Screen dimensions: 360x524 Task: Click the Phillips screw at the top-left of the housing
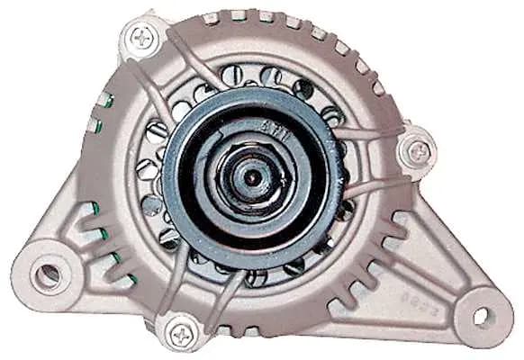click(x=142, y=37)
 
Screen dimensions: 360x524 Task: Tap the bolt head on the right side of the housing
click(x=417, y=151)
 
